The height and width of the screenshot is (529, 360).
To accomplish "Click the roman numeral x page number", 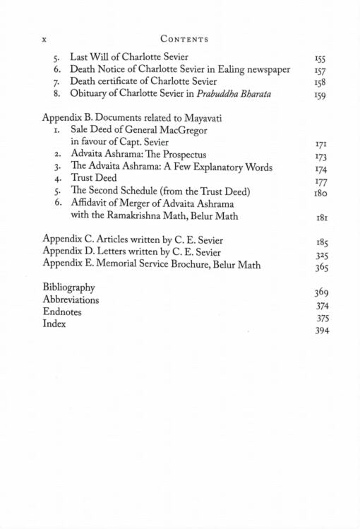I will pos(45,39).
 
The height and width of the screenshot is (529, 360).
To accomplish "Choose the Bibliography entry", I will pos(68,288).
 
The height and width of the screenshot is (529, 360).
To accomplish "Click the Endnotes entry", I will pos(62,311).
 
